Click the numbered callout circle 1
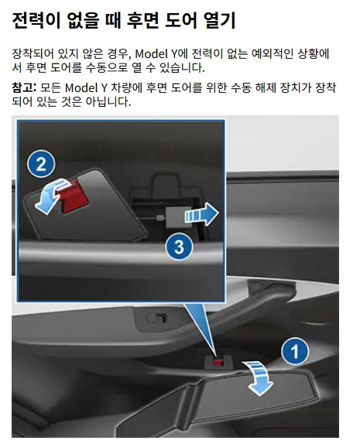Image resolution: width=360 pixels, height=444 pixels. tap(295, 351)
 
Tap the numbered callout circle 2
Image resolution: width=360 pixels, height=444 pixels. tap(41, 164)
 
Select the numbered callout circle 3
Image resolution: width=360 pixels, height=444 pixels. tap(179, 246)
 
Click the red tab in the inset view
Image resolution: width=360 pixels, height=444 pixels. tap(73, 196)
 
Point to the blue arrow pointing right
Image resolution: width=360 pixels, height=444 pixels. tap(201, 214)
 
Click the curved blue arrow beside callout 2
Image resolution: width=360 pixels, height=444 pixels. tap(51, 196)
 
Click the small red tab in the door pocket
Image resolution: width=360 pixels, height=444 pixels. tap(218, 362)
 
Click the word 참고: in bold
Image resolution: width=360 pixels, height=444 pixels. tap(24, 87)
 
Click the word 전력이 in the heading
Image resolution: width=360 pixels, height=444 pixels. tap(36, 20)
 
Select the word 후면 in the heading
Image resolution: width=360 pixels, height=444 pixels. tap(142, 20)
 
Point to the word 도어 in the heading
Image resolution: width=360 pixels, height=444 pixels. tap(181, 20)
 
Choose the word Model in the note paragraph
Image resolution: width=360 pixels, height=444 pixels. tap(81, 87)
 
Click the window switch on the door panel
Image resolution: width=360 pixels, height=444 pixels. tap(156, 318)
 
